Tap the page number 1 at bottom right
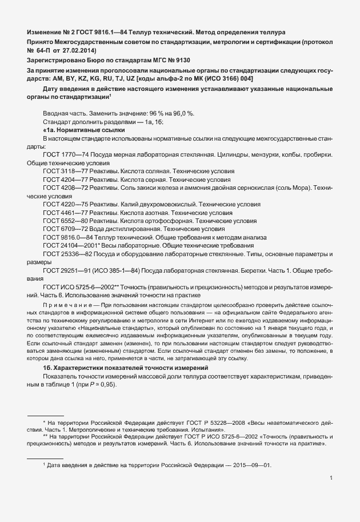tap(331, 477)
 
